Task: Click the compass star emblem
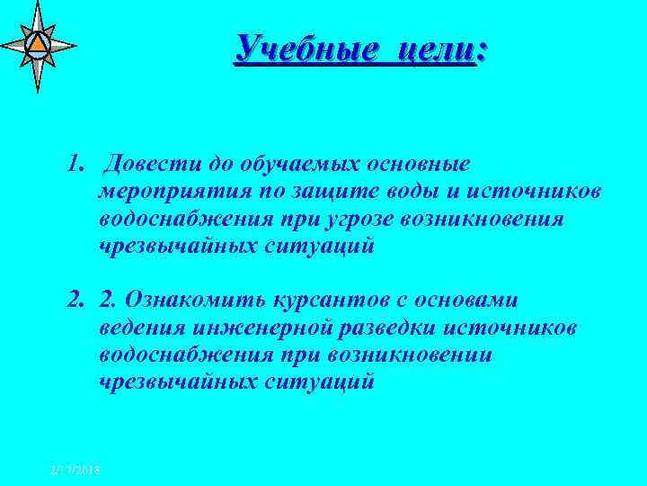(37, 44)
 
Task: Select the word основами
(475, 300)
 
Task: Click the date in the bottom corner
(75, 471)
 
